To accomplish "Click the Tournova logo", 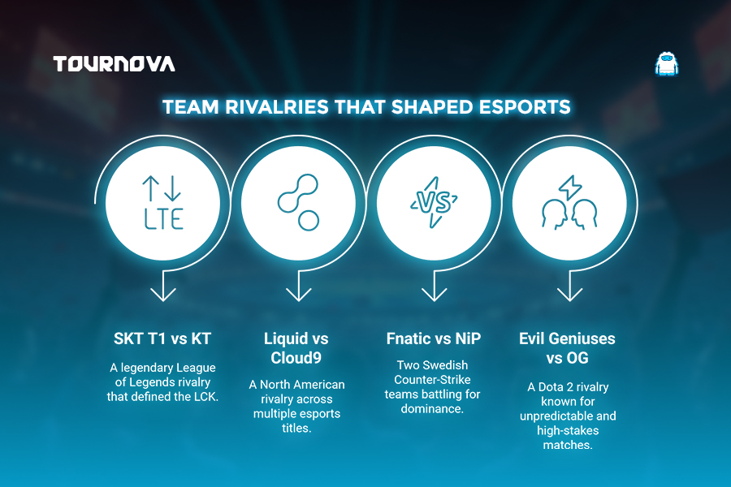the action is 115,64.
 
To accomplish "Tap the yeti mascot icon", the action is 667,64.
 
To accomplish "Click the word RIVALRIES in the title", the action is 277,107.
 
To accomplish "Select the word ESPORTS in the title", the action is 525,107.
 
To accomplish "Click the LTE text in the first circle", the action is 163,219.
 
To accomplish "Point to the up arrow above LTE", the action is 150,188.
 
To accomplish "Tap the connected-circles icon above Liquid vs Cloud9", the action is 298,202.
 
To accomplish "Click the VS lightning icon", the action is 434,202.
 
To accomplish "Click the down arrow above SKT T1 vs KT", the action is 163,285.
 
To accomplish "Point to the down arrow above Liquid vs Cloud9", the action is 298,285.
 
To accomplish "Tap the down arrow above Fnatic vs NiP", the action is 434,285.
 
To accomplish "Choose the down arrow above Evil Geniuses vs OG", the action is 569,285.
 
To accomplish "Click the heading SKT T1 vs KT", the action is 162,338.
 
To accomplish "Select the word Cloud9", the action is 296,358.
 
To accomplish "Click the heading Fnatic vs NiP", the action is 434,338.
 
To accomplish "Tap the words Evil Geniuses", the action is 567,338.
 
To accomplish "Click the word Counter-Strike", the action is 432,379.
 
